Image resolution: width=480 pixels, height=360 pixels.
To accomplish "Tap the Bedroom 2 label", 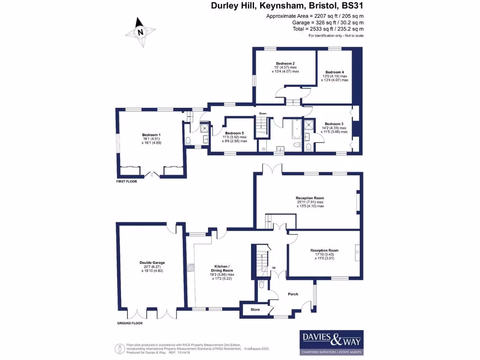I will (x=285, y=63).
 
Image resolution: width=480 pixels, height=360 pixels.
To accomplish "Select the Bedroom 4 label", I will (x=335, y=72).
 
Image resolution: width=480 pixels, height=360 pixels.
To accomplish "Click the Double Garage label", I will (x=152, y=262).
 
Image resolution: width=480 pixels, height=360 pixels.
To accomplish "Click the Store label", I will (x=255, y=309).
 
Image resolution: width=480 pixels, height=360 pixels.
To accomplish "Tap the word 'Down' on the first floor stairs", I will (x=263, y=113).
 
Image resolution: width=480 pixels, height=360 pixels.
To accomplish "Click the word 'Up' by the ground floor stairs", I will (x=274, y=268).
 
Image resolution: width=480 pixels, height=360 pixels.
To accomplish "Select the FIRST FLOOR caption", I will (x=127, y=181).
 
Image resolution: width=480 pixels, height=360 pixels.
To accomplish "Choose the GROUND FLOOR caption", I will (x=129, y=323).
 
